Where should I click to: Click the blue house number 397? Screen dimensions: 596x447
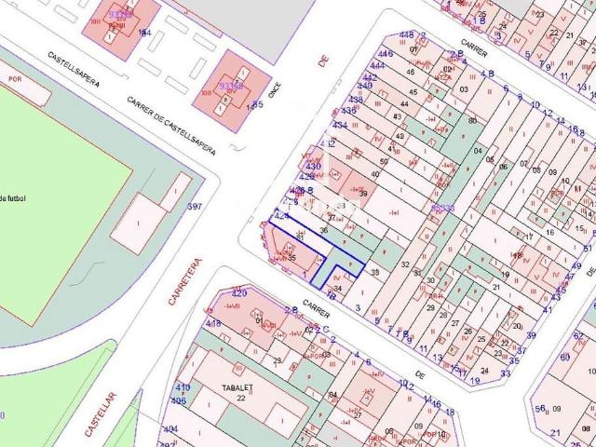[195, 206]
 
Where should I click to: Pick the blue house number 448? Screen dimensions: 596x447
[406, 35]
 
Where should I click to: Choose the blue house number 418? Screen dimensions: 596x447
[213, 323]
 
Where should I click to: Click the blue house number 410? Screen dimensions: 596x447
[183, 387]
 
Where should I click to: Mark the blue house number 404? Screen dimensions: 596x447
[169, 429]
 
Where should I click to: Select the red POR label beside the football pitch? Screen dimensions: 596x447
[14, 78]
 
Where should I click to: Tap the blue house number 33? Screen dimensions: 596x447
[505, 372]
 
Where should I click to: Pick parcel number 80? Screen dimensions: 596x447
[472, 120]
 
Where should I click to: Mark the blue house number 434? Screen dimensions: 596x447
[341, 125]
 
